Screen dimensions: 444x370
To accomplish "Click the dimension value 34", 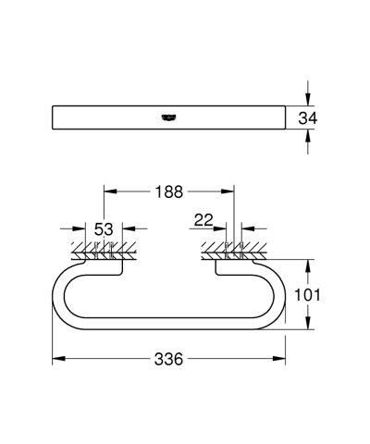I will [x=317, y=118].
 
